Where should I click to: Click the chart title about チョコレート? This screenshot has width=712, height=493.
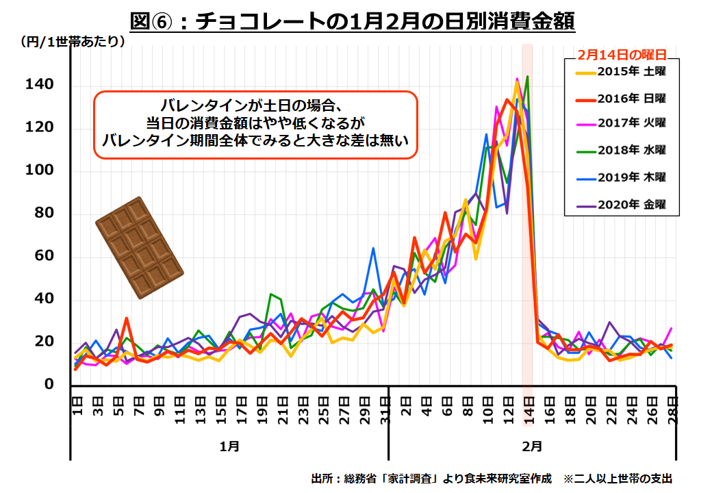click(352, 21)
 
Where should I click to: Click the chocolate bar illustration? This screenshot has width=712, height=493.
click(139, 247)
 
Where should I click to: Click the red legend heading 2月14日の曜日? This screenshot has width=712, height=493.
click(622, 54)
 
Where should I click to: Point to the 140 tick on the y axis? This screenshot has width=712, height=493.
click(40, 85)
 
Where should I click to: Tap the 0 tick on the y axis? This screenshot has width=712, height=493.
click(49, 384)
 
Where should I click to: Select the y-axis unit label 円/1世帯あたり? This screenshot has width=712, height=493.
click(73, 42)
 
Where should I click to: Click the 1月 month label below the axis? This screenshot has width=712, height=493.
click(229, 446)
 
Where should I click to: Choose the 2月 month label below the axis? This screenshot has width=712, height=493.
click(532, 446)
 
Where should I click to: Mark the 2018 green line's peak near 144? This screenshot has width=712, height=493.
click(527, 76)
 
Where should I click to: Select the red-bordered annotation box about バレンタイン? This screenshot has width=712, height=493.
click(255, 125)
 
